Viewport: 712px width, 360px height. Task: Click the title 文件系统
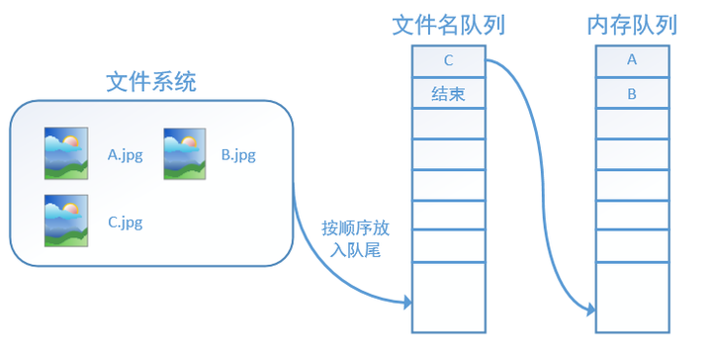click(150, 82)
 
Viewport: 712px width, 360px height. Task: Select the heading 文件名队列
click(448, 25)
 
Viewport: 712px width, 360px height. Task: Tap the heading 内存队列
click(632, 25)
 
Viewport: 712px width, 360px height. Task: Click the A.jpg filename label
click(126, 154)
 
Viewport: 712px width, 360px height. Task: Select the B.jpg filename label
click(238, 154)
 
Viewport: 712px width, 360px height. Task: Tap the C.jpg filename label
click(126, 222)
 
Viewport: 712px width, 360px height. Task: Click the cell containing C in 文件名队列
click(448, 60)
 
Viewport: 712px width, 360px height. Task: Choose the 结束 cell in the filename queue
click(448, 94)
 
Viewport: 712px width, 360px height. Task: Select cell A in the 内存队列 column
click(632, 60)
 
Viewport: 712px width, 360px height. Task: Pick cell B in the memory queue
click(632, 94)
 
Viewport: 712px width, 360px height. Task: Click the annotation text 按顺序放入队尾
click(356, 239)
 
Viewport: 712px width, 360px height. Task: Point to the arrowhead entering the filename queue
click(406, 301)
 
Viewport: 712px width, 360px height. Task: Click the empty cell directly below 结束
click(448, 124)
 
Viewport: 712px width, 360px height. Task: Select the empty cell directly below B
click(632, 124)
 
